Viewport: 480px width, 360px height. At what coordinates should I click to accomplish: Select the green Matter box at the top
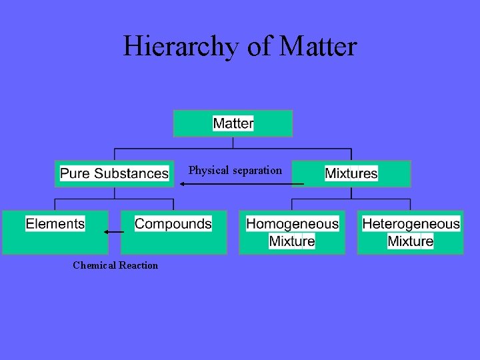tap(233, 123)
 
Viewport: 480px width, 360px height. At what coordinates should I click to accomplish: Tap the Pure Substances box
tap(114, 173)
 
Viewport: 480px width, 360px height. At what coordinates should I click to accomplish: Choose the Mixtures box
tap(351, 173)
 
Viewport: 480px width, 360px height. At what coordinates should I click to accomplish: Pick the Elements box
tap(55, 232)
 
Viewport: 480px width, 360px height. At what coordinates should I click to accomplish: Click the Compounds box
tap(173, 232)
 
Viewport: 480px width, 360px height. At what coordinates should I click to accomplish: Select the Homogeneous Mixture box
tap(293, 232)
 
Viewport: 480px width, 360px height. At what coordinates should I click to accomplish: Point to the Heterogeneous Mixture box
tap(411, 232)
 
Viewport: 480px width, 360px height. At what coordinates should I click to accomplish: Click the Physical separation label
tap(235, 170)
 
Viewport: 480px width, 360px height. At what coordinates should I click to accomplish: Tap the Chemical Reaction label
tap(115, 265)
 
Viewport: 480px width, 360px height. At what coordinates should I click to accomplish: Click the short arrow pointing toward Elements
tap(113, 232)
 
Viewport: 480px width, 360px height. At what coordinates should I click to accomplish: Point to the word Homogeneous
tap(293, 224)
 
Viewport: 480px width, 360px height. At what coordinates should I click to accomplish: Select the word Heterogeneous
tap(411, 224)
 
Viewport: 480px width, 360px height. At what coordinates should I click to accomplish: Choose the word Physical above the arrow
tap(209, 170)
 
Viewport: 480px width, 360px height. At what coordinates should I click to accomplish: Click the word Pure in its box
tap(75, 173)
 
